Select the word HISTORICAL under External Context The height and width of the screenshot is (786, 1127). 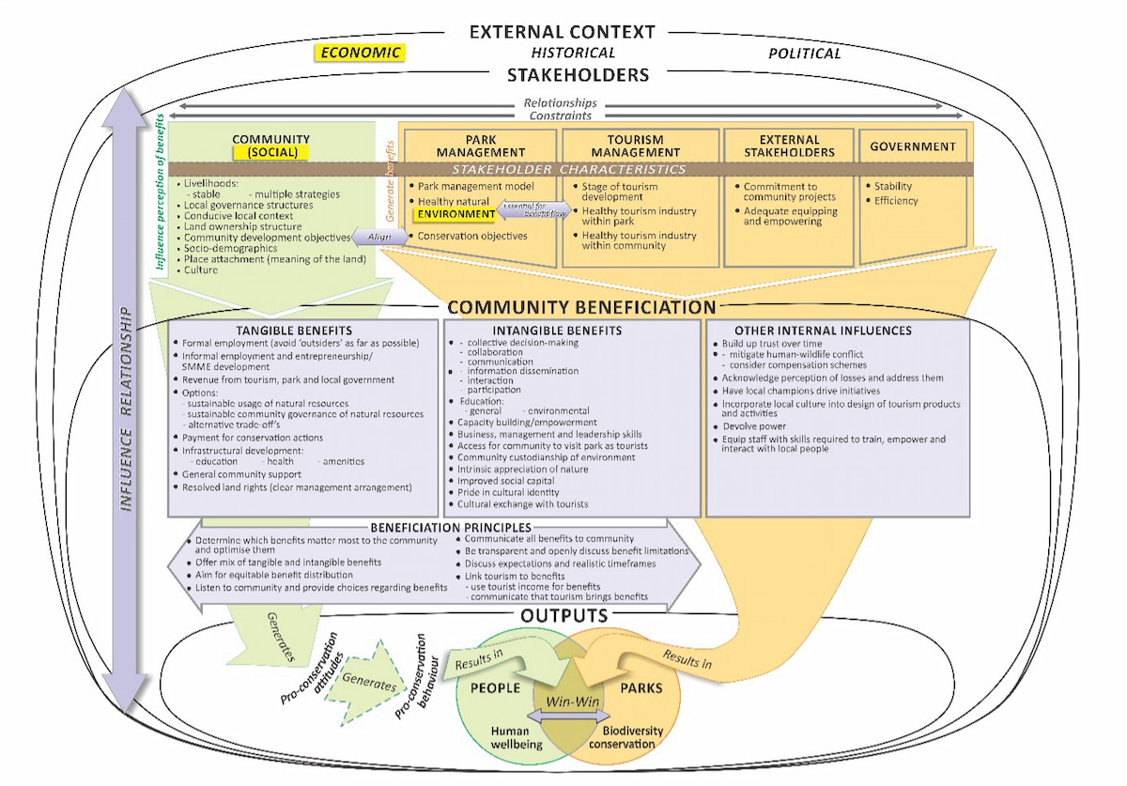(x=573, y=53)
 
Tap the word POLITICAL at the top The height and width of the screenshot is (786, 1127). (x=804, y=54)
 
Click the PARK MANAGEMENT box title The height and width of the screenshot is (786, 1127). (x=481, y=146)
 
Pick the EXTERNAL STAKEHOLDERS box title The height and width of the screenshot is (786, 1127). (x=789, y=146)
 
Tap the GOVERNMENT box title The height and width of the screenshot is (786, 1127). (x=912, y=146)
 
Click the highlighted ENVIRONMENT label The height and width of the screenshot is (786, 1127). (x=455, y=214)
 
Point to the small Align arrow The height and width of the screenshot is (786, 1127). (x=378, y=238)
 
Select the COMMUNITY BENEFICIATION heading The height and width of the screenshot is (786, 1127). (x=581, y=307)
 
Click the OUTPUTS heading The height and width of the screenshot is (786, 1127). (x=563, y=616)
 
